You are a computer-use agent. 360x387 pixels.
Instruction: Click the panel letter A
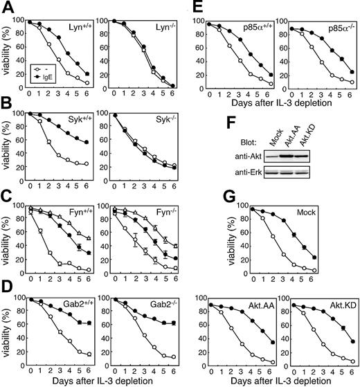click(7, 7)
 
